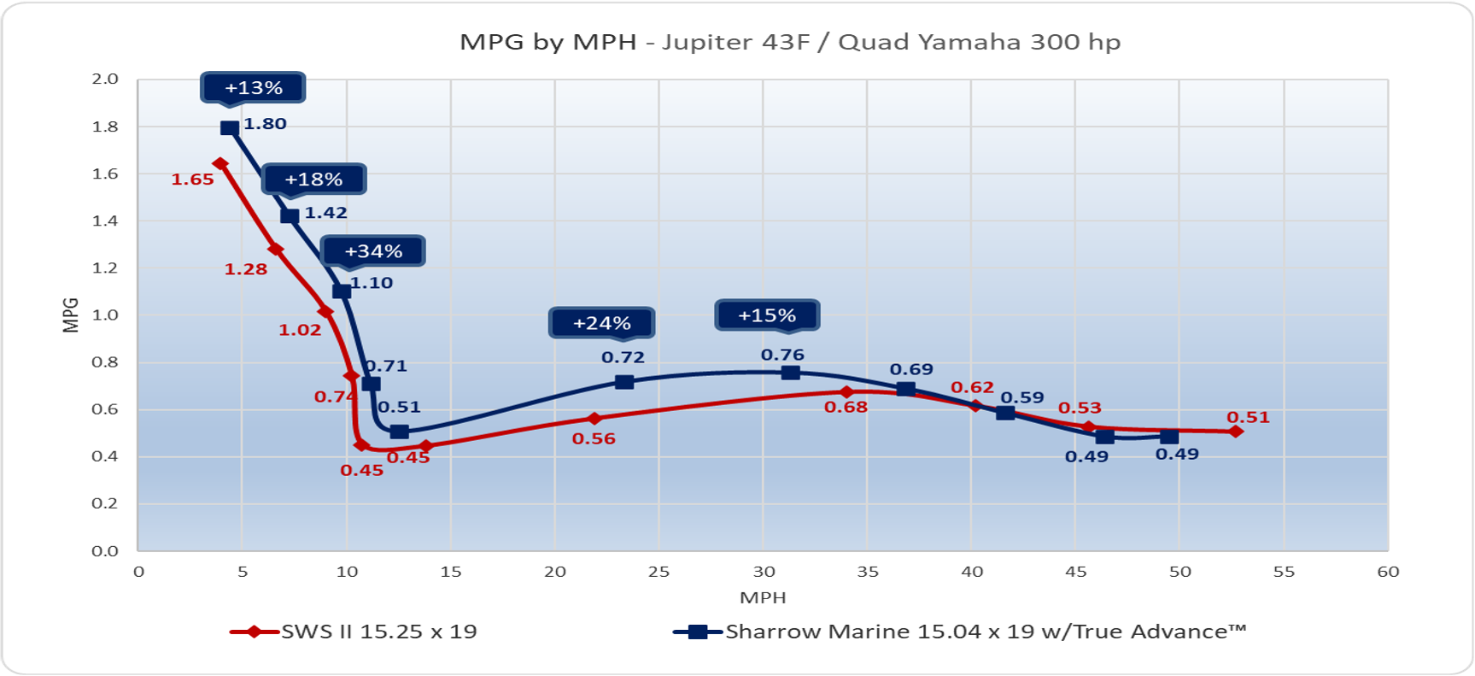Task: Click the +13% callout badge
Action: coord(253,88)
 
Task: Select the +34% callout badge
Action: coord(373,251)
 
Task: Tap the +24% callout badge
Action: coord(601,323)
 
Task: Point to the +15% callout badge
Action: coord(767,315)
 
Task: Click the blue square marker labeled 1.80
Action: coord(229,128)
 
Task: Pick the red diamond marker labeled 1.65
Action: coord(220,163)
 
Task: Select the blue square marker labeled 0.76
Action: coord(791,373)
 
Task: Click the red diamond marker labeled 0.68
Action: coord(846,392)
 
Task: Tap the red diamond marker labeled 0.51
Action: coord(1236,432)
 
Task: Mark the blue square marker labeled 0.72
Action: coord(624,382)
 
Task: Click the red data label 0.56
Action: coord(594,439)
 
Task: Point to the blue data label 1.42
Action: coord(326,213)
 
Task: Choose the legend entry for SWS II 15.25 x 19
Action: coord(354,632)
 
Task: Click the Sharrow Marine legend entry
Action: coord(960,632)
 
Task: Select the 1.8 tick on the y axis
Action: coord(105,126)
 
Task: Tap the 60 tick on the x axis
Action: coord(1388,572)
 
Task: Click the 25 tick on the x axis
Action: coord(658,572)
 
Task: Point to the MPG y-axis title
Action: coord(71,314)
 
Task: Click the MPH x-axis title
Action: coord(763,597)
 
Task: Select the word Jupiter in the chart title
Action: coord(705,43)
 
